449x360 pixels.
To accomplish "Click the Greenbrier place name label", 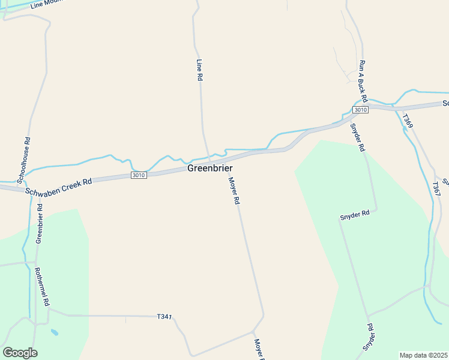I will [209, 169].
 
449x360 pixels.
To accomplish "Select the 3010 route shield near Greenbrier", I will [139, 175].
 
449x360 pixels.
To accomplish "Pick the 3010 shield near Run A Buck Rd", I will [360, 110].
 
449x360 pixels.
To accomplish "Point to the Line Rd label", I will [200, 70].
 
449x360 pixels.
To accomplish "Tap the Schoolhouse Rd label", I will [24, 160].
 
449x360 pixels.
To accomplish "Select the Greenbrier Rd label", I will [39, 223].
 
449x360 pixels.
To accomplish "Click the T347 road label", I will [164, 316].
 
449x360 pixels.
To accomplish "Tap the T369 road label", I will [408, 121].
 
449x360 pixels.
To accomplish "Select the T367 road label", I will [436, 188].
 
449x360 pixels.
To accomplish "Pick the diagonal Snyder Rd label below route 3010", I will [358, 137].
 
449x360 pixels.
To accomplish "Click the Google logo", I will [20, 353].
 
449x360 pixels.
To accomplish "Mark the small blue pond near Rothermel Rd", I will [55, 332].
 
